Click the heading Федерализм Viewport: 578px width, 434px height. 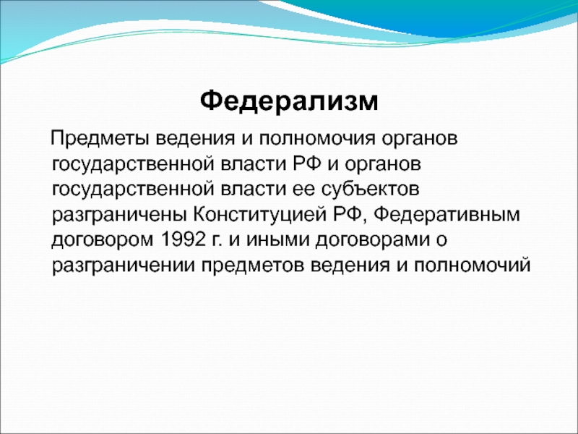[289, 101]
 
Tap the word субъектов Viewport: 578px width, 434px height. [370, 190]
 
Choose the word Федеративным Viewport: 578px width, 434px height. [447, 215]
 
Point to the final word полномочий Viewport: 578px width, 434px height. [472, 265]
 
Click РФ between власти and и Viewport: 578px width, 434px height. [307, 164]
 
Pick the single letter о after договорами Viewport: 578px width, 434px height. [441, 241]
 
